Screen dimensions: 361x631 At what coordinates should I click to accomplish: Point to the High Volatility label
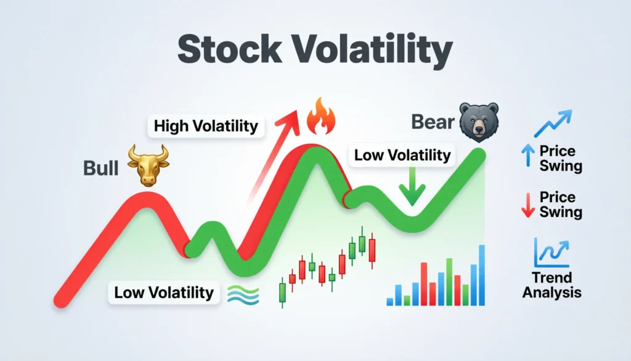[x=206, y=127]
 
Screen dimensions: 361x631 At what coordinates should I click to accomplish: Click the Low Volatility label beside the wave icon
[x=163, y=292]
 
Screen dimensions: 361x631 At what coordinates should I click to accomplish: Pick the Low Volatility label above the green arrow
[x=402, y=155]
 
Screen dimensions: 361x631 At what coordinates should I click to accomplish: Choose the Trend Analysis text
[x=552, y=285]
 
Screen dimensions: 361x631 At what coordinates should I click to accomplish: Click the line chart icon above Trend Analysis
[x=551, y=252]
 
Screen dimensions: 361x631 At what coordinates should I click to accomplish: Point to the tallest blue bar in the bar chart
[x=482, y=275]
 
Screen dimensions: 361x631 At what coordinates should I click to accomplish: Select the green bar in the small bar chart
[x=449, y=282]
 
